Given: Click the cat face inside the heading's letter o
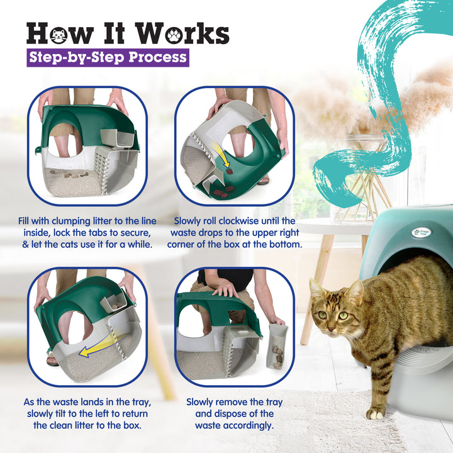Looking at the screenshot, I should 56,34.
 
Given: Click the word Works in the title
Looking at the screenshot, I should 184,33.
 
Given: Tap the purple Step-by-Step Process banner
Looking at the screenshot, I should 108,57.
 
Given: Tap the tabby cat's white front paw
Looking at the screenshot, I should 376,413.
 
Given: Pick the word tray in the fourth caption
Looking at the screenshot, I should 269,402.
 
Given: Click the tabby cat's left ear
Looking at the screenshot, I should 357,292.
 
